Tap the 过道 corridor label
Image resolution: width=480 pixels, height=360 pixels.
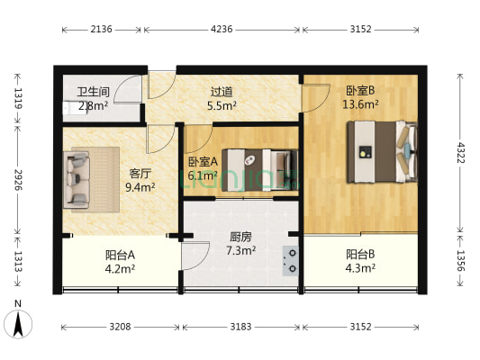point(222,92)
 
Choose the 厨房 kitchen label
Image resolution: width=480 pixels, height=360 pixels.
point(239,238)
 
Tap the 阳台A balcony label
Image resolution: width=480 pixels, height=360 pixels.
point(120,254)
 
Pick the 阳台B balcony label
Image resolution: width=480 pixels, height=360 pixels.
point(359,254)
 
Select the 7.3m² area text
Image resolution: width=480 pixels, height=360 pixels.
point(239,251)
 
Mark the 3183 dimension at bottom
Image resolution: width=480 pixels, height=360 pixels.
point(240,327)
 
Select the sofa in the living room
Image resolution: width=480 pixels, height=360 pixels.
point(77,180)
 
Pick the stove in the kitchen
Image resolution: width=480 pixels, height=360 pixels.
point(292,258)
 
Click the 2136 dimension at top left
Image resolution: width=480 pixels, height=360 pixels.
point(101,29)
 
